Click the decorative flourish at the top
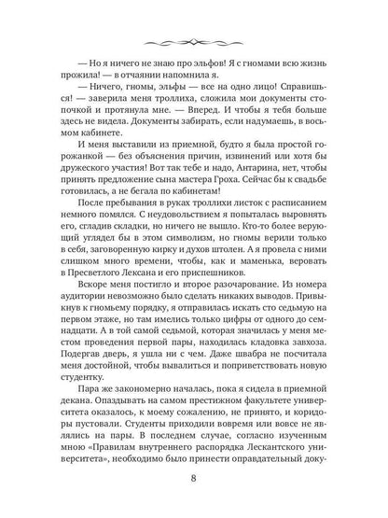tap(195, 44)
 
